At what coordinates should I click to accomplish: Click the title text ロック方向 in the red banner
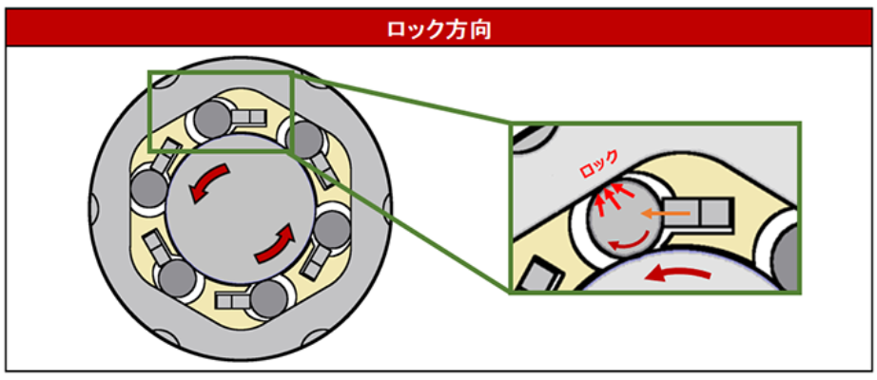point(438,29)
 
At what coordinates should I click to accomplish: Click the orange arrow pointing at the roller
point(655,214)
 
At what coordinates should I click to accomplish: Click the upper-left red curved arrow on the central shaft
point(207,181)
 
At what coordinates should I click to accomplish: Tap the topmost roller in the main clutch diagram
point(210,119)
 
